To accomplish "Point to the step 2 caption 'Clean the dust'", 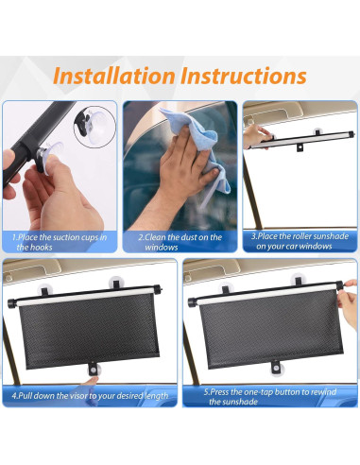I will click(x=180, y=242).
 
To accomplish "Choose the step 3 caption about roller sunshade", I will click(x=300, y=241).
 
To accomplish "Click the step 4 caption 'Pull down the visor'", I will click(x=90, y=395).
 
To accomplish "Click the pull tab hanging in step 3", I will click(x=300, y=149).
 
